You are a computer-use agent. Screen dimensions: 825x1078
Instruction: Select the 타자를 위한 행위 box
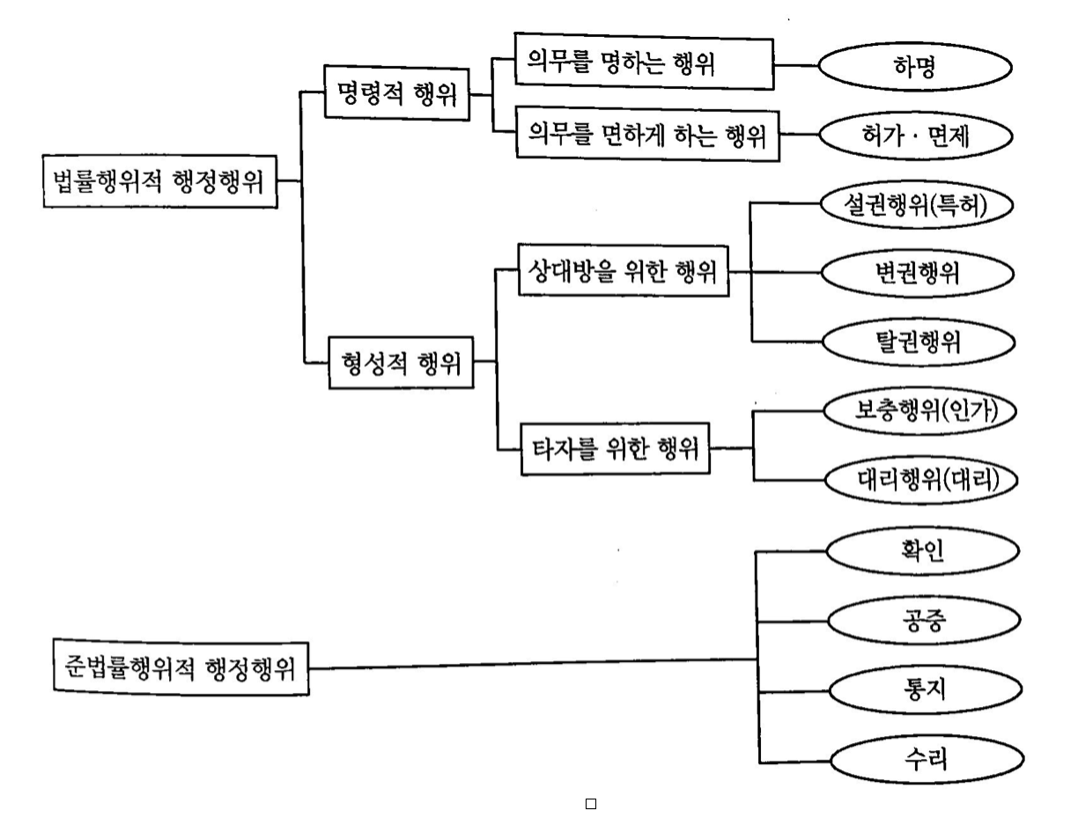(613, 450)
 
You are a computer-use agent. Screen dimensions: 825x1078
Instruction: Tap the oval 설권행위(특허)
(917, 205)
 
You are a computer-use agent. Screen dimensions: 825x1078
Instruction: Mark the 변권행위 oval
(917, 273)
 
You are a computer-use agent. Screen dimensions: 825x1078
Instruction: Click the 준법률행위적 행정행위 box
(180, 667)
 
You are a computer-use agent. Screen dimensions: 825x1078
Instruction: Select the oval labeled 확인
(922, 551)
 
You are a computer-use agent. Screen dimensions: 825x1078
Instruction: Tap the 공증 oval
(922, 621)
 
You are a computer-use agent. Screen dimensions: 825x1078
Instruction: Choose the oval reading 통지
(922, 690)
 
